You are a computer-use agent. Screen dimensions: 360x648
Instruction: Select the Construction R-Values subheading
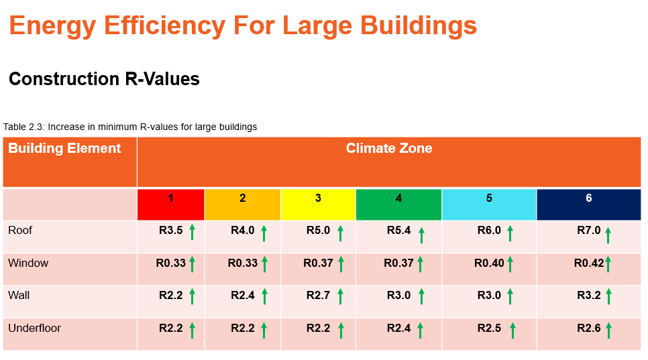coord(104,79)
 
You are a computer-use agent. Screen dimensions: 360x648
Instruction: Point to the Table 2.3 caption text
coord(130,127)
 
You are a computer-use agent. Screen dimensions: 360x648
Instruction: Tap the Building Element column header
coord(64,149)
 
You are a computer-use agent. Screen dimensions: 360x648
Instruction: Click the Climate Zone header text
coord(388,149)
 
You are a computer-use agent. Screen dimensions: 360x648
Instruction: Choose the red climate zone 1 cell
coord(170,204)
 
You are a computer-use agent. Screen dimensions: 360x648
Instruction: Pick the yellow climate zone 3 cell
coord(318,204)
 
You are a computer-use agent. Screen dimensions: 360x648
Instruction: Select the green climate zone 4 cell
coord(398,204)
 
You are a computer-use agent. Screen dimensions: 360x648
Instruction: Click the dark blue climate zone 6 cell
coord(588,204)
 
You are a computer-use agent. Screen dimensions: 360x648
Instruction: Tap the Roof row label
coord(20,231)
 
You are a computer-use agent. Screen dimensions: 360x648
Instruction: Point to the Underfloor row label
coord(34,328)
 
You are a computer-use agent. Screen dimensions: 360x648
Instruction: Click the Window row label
coord(28,263)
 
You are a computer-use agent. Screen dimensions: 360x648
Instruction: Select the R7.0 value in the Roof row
coord(589,231)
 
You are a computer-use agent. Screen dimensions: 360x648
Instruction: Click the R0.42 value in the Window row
coord(589,263)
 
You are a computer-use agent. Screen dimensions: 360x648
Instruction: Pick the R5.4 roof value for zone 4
coord(399,231)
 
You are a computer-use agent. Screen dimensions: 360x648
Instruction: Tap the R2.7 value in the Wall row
coord(319,296)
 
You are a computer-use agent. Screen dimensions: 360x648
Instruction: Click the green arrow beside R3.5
coord(192,232)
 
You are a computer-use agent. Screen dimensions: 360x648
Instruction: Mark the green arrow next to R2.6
coord(608,331)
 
